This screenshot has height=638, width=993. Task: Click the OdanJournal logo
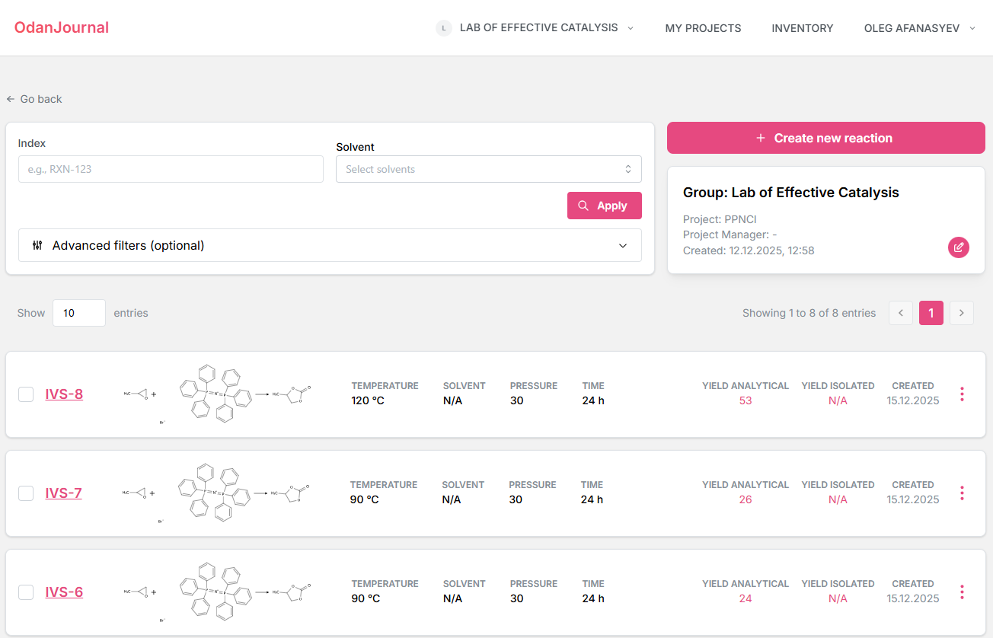tap(62, 27)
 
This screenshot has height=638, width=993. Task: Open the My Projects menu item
tap(703, 28)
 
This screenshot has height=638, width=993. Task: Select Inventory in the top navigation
tap(802, 28)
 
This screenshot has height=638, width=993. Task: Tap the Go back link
tap(34, 99)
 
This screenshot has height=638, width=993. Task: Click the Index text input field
tap(171, 169)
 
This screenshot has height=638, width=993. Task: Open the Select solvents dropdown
tap(488, 169)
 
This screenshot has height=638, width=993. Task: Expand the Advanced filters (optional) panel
tap(330, 245)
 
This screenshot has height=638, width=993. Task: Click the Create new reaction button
tap(825, 138)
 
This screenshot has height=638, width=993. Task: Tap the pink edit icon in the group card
tap(958, 247)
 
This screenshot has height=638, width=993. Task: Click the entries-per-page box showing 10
tap(78, 313)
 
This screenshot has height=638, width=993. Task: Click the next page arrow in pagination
tap(961, 313)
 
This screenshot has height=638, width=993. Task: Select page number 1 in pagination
tap(931, 313)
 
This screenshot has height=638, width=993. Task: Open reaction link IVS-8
tap(64, 394)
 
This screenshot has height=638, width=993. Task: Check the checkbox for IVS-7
tap(26, 493)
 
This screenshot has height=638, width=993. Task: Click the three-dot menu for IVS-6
tap(962, 592)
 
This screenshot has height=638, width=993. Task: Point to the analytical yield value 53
tap(745, 400)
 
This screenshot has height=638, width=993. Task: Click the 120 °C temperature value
tap(368, 400)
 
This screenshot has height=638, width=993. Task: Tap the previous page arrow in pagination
tap(900, 313)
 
